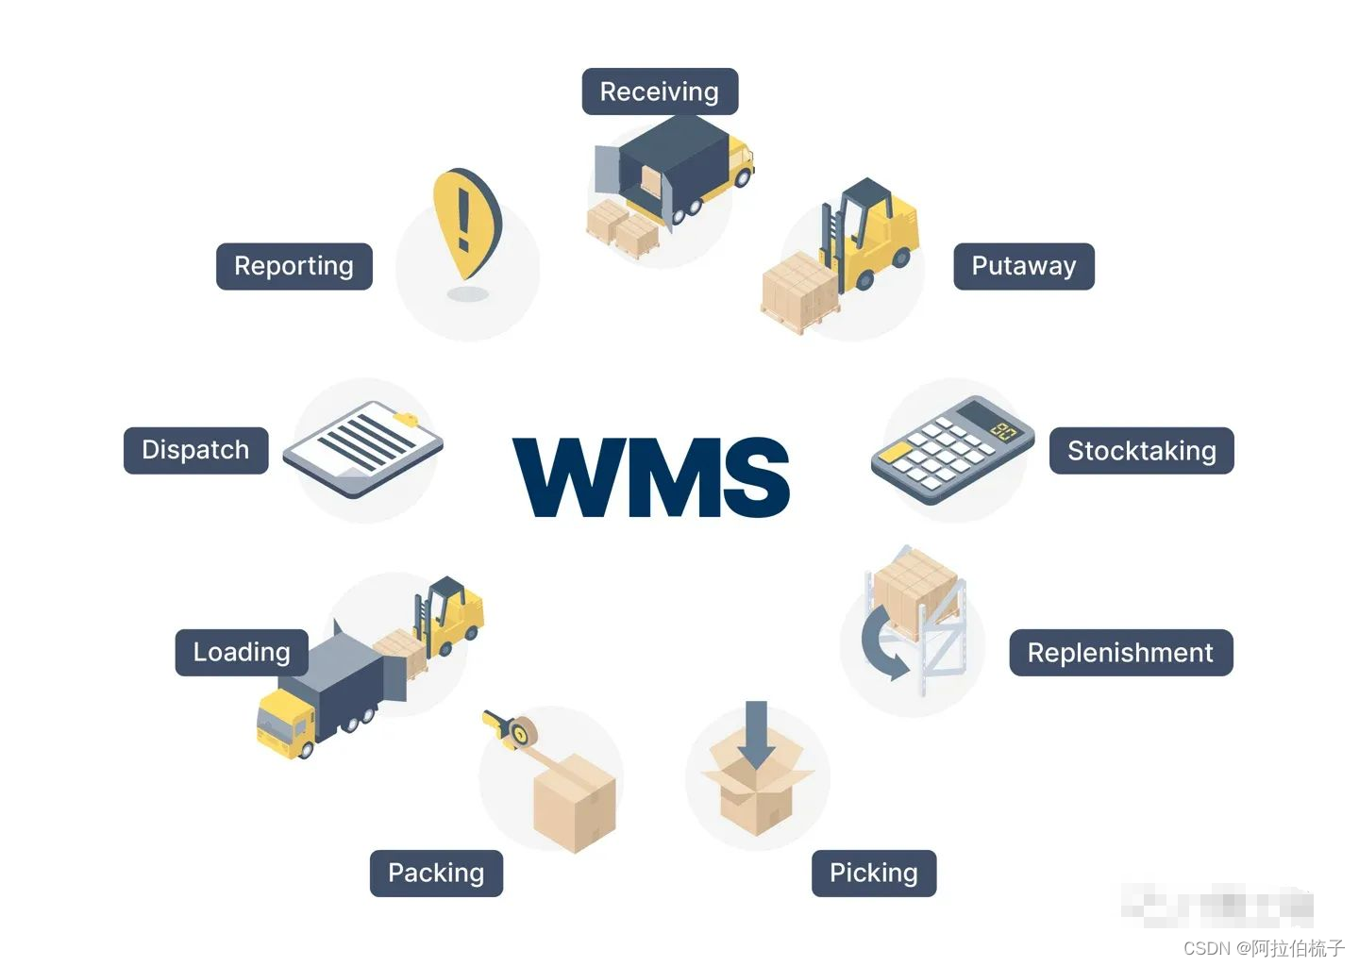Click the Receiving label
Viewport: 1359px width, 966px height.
pyautogui.click(x=660, y=92)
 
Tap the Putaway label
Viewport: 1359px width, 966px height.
pyautogui.click(x=1023, y=266)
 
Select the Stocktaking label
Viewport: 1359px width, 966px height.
pyautogui.click(x=1141, y=451)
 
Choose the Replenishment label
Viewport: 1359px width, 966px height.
pyautogui.click(x=1120, y=653)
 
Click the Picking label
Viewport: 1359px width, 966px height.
pyautogui.click(x=873, y=873)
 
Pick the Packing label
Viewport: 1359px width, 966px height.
pyautogui.click(x=436, y=873)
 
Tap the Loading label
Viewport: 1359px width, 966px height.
pyautogui.click(x=242, y=652)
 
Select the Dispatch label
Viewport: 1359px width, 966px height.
pyautogui.click(x=195, y=450)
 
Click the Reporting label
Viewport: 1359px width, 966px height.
pyautogui.click(x=294, y=266)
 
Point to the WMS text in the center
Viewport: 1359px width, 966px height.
pyautogui.click(x=651, y=477)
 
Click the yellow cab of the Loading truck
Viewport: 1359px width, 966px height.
pyautogui.click(x=285, y=721)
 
